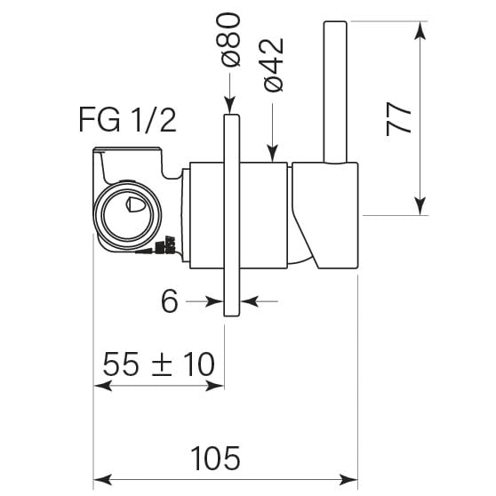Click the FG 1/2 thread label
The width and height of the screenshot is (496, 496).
pos(127,120)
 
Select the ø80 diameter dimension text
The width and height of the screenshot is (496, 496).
pos(228,40)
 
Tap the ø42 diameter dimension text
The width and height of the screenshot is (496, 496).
pos(272,65)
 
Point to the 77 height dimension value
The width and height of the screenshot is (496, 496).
pos(398,118)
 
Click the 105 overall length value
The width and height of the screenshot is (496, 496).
pos(215,459)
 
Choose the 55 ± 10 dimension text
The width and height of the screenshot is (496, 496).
pos(159,364)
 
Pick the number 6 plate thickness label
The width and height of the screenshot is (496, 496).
pos(170,301)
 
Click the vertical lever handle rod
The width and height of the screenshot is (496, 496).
pos(335,92)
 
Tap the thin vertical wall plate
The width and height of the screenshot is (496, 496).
pos(232,215)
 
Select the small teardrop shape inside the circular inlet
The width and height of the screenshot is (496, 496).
pos(135,204)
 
